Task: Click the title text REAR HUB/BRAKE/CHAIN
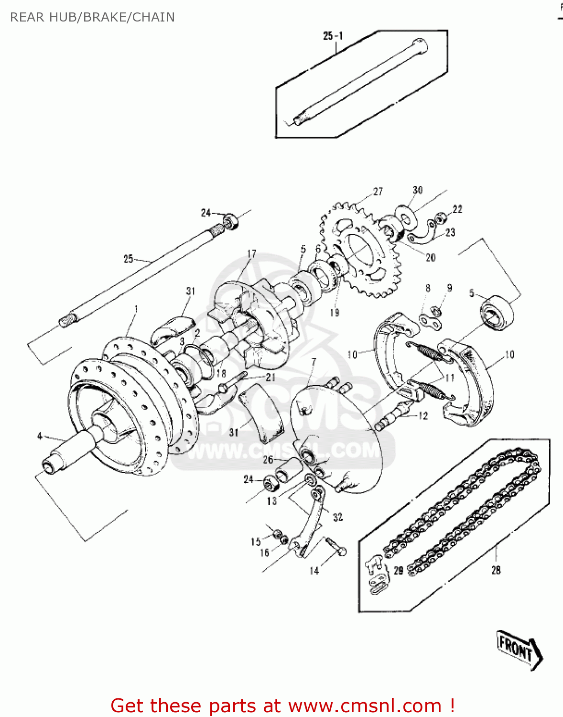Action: (x=92, y=17)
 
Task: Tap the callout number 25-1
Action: (x=333, y=36)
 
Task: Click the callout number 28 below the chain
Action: (x=496, y=569)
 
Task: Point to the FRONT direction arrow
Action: (x=519, y=649)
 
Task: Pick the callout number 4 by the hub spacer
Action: (x=40, y=435)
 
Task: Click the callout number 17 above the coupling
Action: (x=252, y=253)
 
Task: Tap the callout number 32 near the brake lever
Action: (x=338, y=517)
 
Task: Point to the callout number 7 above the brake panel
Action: (x=314, y=362)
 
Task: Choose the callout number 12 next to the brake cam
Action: (x=423, y=415)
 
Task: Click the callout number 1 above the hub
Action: (x=136, y=309)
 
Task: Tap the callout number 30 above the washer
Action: (x=417, y=190)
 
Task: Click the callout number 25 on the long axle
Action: (x=128, y=259)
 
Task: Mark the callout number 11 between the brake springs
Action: (x=450, y=378)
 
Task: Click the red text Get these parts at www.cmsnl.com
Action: (x=282, y=706)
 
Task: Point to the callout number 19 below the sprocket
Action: (x=335, y=312)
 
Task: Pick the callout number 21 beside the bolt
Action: (x=271, y=377)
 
